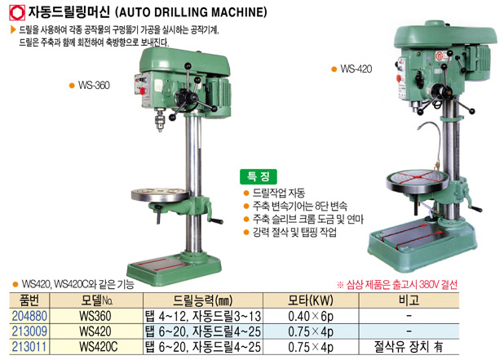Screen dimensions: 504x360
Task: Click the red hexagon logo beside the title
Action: pyautogui.click(x=16, y=13)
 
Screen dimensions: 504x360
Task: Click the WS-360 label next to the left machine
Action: pyautogui.click(x=94, y=85)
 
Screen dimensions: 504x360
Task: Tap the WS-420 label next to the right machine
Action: pyautogui.click(x=356, y=69)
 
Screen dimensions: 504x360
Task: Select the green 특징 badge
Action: pyautogui.click(x=258, y=176)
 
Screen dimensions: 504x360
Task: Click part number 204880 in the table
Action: pyautogui.click(x=29, y=316)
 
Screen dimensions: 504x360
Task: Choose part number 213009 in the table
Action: pyautogui.click(x=29, y=331)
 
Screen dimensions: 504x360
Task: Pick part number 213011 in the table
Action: pyautogui.click(x=29, y=346)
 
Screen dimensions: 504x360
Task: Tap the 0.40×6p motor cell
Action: pyautogui.click(x=311, y=316)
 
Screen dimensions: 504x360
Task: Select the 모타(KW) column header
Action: pyautogui.click(x=311, y=300)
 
